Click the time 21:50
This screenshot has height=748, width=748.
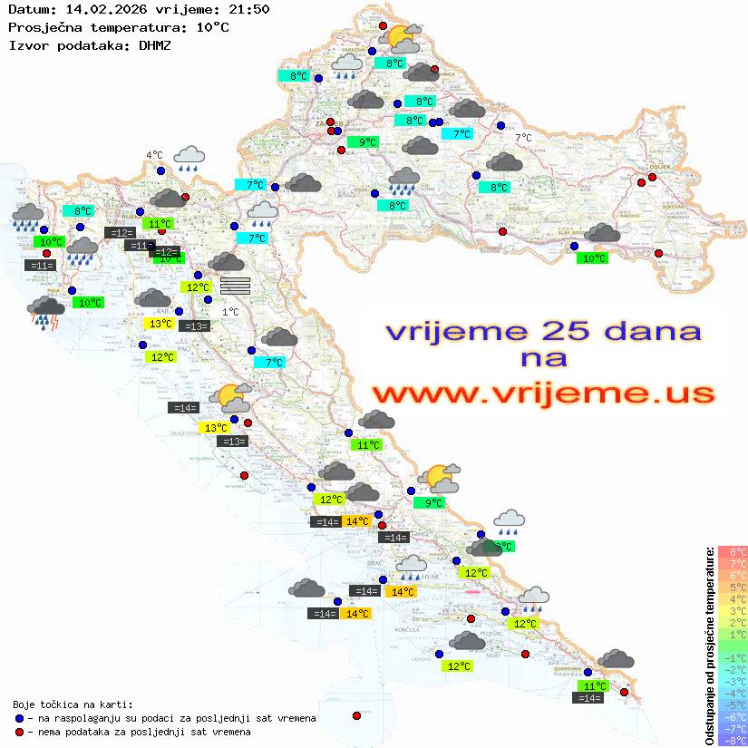tap(249, 9)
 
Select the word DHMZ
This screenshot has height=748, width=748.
tap(156, 44)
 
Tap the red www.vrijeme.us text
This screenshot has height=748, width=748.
tap(542, 393)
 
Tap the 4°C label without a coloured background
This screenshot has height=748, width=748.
tap(154, 155)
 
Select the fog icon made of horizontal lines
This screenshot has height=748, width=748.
tap(235, 285)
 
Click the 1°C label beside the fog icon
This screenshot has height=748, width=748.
tap(230, 311)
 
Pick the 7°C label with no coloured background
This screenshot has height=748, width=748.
tap(524, 138)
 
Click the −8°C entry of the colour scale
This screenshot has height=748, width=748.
tap(733, 741)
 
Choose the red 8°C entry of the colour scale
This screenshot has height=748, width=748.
tap(733, 552)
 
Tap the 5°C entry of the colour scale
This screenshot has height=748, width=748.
tap(733, 588)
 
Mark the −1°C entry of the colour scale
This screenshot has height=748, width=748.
tap(733, 658)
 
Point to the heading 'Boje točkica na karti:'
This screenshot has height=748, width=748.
tap(73, 704)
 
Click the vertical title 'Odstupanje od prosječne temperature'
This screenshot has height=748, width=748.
tap(710, 646)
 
